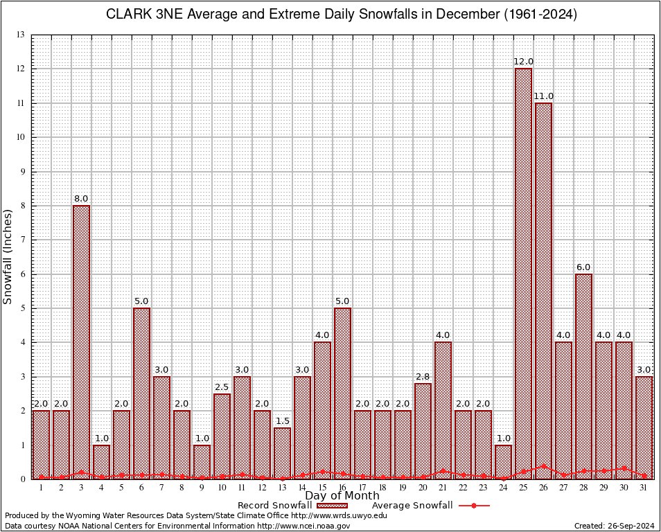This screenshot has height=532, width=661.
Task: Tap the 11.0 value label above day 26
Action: (x=543, y=96)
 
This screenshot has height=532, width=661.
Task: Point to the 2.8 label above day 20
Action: (x=423, y=377)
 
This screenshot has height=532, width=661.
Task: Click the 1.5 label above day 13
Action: (x=282, y=421)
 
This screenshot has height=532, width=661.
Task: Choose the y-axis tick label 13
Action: (x=21, y=35)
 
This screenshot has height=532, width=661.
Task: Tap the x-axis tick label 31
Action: (x=644, y=488)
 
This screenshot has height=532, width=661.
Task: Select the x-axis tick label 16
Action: (x=342, y=488)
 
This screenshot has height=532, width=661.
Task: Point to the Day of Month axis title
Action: (x=342, y=496)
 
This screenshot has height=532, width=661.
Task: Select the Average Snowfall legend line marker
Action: (x=473, y=506)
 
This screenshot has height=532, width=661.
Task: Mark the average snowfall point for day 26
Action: (x=543, y=466)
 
